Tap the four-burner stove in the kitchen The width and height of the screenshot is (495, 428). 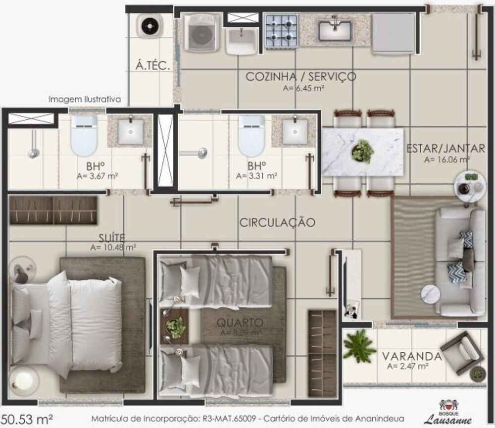click(281, 31)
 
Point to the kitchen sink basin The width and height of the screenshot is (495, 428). click(335, 31)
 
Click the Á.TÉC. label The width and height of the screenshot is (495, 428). click(153, 65)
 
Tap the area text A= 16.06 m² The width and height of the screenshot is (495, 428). click(447, 160)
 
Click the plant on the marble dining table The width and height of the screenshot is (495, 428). click(363, 151)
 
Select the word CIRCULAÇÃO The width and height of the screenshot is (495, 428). click(277, 223)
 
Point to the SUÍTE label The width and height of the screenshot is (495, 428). click(111, 237)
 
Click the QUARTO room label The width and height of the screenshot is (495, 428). click(240, 322)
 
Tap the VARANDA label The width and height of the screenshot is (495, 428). click(411, 356)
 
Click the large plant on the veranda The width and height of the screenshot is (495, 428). click(359, 345)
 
